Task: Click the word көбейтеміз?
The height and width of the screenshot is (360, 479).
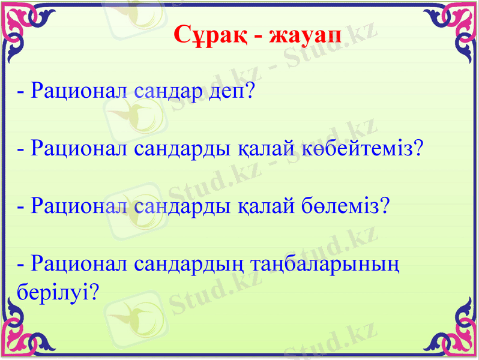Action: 370,148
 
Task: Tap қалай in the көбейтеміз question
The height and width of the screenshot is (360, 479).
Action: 261,148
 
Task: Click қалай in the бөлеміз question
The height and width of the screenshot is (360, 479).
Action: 261,205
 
